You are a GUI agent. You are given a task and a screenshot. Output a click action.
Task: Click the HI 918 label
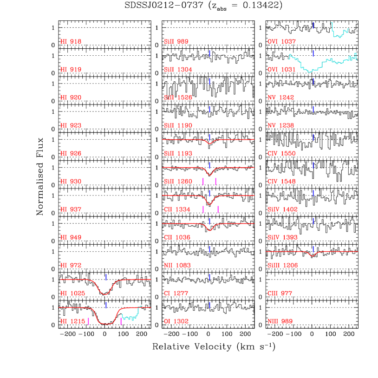click(71, 42)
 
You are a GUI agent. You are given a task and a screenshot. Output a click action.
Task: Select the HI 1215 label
click(72, 321)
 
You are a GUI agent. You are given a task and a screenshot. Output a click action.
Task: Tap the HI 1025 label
click(72, 293)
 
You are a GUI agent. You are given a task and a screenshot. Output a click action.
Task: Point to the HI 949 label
click(71, 237)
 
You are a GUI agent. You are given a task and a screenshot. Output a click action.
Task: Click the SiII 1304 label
click(178, 70)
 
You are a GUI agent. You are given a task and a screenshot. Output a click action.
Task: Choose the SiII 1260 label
click(178, 182)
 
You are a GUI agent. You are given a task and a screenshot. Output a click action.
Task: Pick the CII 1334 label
click(177, 209)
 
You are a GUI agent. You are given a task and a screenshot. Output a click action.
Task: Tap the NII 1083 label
click(177, 266)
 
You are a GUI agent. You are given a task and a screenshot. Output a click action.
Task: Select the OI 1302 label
click(176, 321)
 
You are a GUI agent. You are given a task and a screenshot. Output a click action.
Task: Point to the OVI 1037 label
click(282, 42)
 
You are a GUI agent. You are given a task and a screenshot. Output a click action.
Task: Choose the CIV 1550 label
click(281, 154)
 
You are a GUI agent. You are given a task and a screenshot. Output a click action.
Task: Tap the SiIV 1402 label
click(282, 209)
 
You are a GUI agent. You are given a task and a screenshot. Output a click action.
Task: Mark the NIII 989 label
click(280, 321)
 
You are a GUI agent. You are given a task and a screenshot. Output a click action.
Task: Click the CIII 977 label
click(280, 293)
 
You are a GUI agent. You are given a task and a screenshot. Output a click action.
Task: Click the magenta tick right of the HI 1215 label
click(88, 321)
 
